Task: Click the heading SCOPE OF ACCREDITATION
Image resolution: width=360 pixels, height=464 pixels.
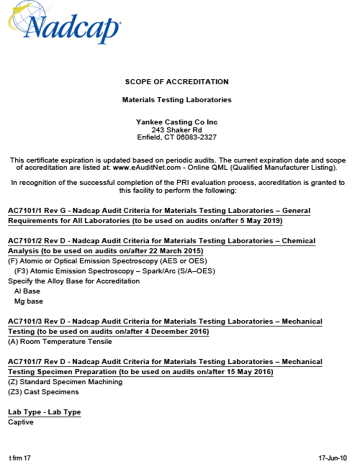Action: (x=176, y=81)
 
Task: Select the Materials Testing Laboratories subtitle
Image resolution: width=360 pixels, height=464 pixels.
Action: (x=176, y=99)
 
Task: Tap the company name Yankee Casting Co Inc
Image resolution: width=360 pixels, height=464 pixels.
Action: (x=176, y=122)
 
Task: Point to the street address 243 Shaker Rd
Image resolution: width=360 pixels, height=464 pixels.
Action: (x=176, y=129)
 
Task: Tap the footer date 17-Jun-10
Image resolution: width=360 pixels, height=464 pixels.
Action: (x=333, y=458)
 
